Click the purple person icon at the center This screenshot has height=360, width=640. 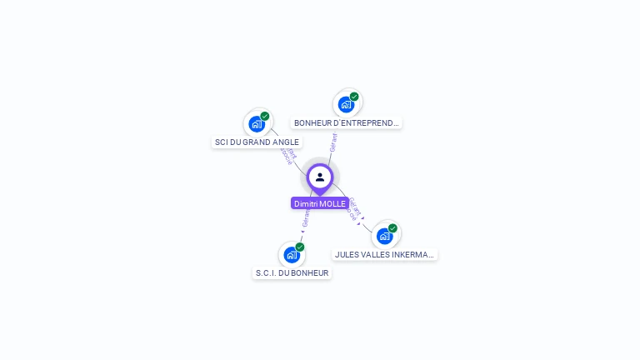pos(320,177)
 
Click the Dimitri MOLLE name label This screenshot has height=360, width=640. pos(320,203)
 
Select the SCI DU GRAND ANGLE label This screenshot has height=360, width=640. pos(257,142)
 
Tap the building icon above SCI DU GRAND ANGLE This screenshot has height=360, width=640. pos(257,124)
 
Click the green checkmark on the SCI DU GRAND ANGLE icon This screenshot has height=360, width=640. pos(265,117)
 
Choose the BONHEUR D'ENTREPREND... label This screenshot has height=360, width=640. pos(347,122)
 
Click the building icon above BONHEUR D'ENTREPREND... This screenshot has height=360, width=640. pos(346,104)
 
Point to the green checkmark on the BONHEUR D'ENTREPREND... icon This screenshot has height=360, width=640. pos(354,97)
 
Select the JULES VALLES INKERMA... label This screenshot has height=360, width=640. pos(385,254)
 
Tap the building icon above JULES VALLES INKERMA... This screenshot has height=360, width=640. pos(384,236)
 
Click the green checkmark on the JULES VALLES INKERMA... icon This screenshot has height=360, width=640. pos(392,228)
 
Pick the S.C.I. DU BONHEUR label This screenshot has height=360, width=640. pos(292,272)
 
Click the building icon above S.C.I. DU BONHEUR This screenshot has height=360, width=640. pos(291,254)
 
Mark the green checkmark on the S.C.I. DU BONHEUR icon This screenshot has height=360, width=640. pos(300,247)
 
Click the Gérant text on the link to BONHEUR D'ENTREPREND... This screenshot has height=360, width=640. pos(333,142)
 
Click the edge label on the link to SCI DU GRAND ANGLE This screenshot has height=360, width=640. pos(288,155)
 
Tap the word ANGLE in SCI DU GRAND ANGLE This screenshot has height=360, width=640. pos(286,142)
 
